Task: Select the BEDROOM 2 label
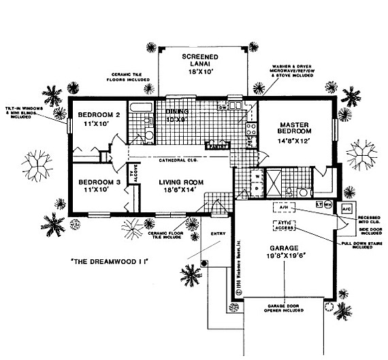[98, 115]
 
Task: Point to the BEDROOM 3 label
[98, 182]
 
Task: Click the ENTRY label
[219, 233]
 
